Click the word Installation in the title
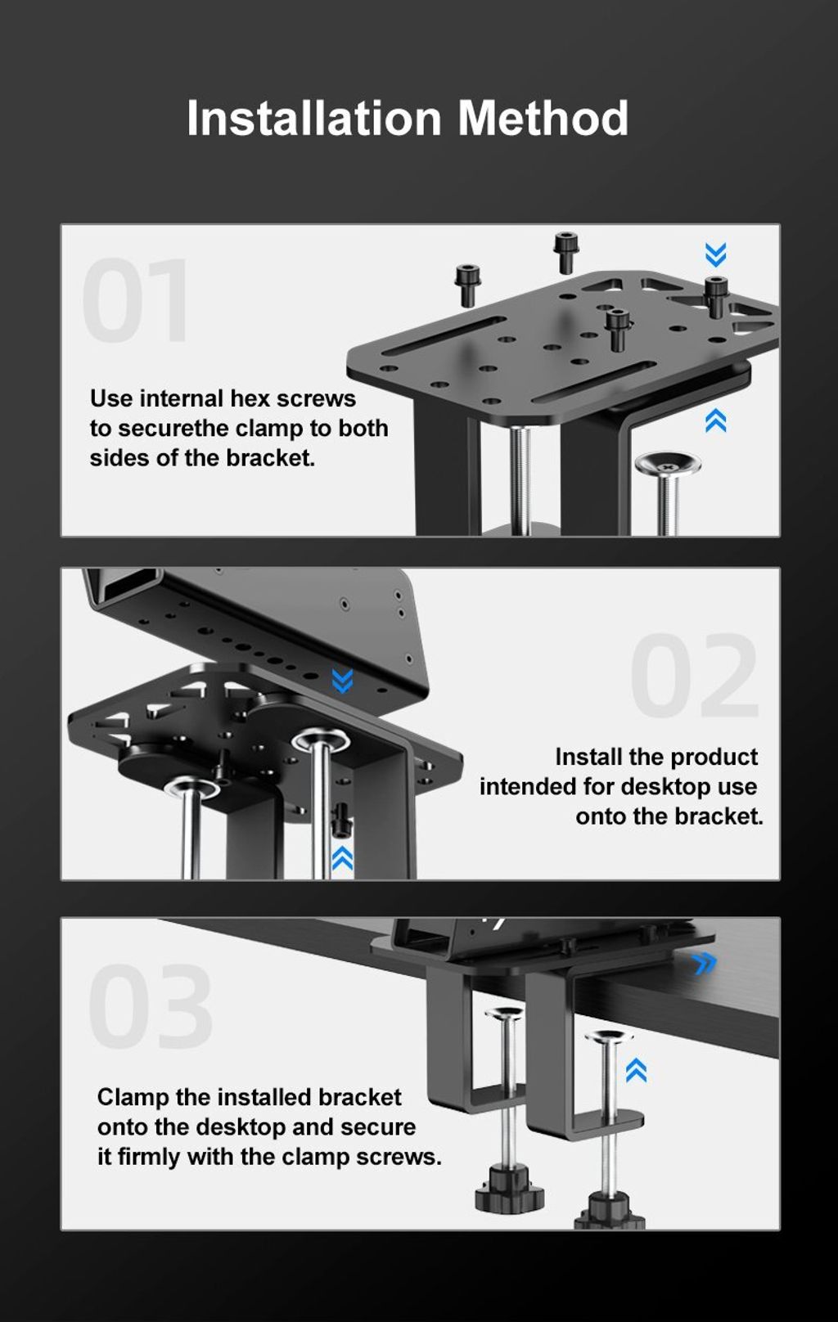point(314,118)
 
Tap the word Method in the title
point(543,118)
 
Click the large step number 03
point(151,1006)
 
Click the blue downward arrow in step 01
point(716,254)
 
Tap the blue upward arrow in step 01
point(716,420)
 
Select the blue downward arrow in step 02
point(343,681)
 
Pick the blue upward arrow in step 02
point(343,859)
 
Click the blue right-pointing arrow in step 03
point(703,964)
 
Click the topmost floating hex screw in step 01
point(565,252)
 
